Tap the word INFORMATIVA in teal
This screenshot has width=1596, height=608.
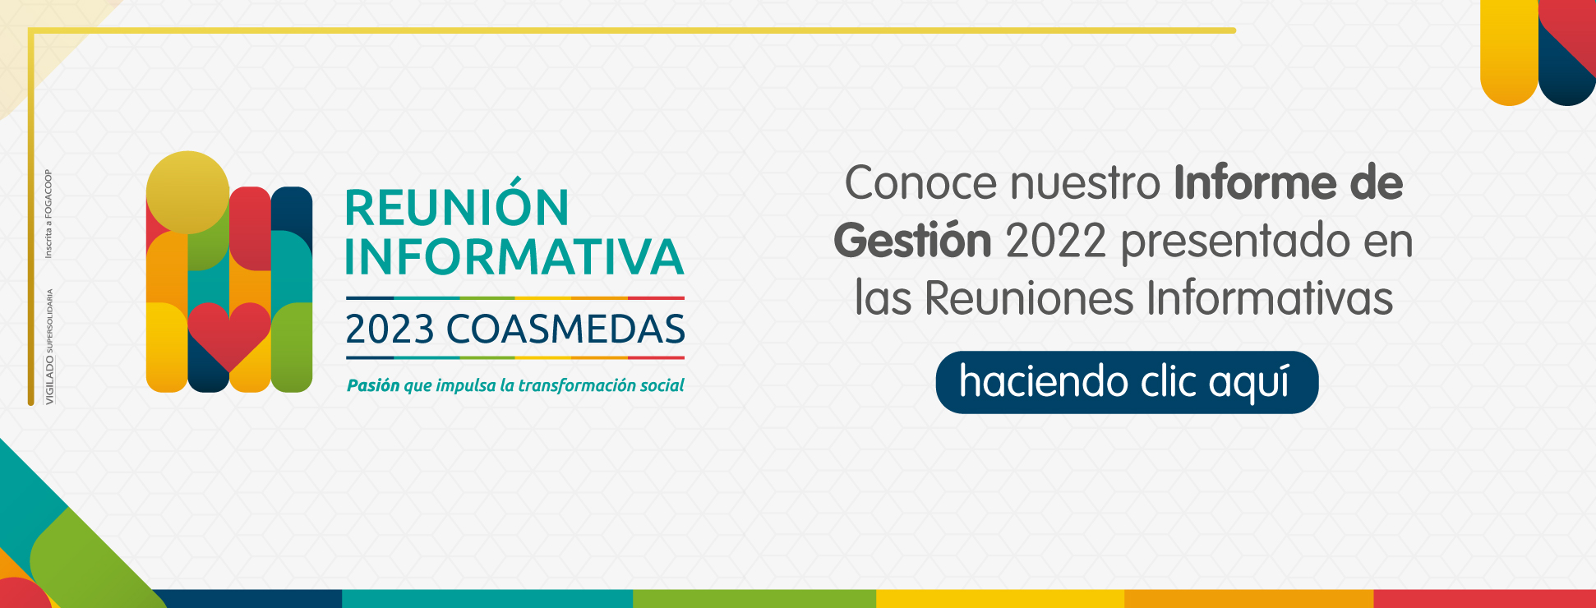coord(514,256)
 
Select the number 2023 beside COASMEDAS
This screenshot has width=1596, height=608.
coord(390,329)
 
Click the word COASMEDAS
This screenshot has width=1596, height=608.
coord(565,329)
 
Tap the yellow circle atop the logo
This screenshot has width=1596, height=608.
coord(187,192)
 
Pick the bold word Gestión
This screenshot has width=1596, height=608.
coord(912,241)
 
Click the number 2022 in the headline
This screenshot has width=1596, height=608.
coord(1055,242)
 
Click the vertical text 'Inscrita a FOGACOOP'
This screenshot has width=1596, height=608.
coord(48,214)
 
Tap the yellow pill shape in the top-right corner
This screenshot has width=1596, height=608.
coord(1509,53)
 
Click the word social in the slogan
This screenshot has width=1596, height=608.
coord(662,385)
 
